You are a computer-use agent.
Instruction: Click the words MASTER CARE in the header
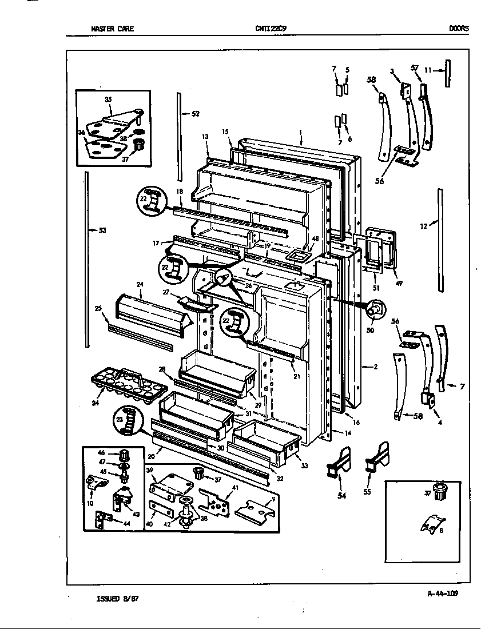[x=112, y=28]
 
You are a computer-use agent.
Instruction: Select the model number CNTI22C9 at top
[x=267, y=28]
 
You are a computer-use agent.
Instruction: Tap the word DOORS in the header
[x=458, y=28]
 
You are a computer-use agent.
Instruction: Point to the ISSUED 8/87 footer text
[x=118, y=599]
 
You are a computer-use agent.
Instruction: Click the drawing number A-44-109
[x=443, y=593]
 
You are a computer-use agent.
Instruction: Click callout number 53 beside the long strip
[x=102, y=230]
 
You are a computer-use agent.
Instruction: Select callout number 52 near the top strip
[x=195, y=114]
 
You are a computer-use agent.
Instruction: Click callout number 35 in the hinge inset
[x=108, y=99]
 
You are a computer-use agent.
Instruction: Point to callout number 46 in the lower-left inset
[x=117, y=452]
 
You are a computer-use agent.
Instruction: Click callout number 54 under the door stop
[x=341, y=495]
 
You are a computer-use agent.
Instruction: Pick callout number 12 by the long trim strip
[x=423, y=226]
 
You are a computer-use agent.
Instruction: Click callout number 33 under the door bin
[x=304, y=466]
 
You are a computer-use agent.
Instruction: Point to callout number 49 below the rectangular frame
[x=399, y=282]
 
